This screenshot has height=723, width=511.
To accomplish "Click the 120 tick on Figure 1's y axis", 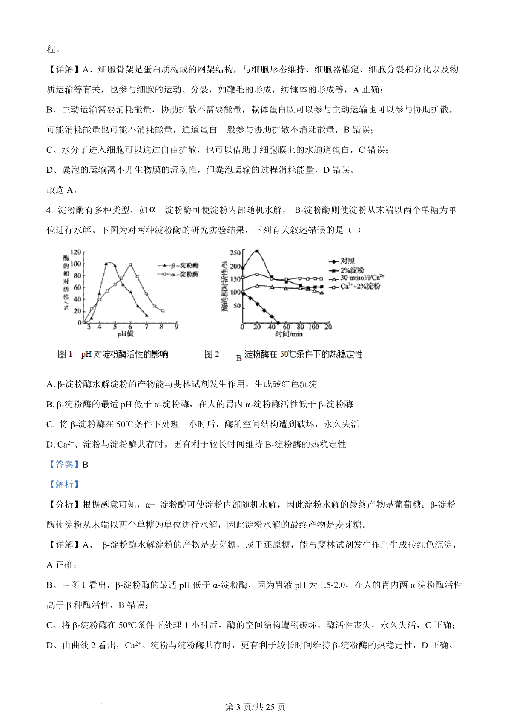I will (x=75, y=252).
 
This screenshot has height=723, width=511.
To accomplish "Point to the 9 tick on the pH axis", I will (x=176, y=327).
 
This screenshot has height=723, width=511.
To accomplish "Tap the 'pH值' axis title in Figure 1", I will (x=126, y=334).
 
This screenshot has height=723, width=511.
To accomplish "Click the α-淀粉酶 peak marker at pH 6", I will (x=130, y=264).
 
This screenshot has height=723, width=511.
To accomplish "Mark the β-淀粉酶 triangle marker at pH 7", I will (x=146, y=315).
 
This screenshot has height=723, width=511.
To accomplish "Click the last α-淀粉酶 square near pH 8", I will (x=163, y=310).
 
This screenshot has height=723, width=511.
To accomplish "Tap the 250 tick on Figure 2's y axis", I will (x=235, y=253).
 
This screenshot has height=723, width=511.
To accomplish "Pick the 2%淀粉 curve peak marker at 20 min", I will (x=257, y=251).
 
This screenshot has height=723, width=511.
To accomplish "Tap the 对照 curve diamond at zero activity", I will (x=278, y=323).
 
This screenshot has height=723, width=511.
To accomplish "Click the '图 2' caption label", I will (x=212, y=354).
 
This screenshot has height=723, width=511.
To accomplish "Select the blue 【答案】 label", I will (x=64, y=465).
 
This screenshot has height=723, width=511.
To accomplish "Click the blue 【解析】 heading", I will (x=64, y=485).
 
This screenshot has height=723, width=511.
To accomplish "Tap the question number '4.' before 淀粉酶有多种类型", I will (x=49, y=210).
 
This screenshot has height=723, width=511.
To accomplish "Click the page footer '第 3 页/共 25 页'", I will (x=255, y=707).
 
